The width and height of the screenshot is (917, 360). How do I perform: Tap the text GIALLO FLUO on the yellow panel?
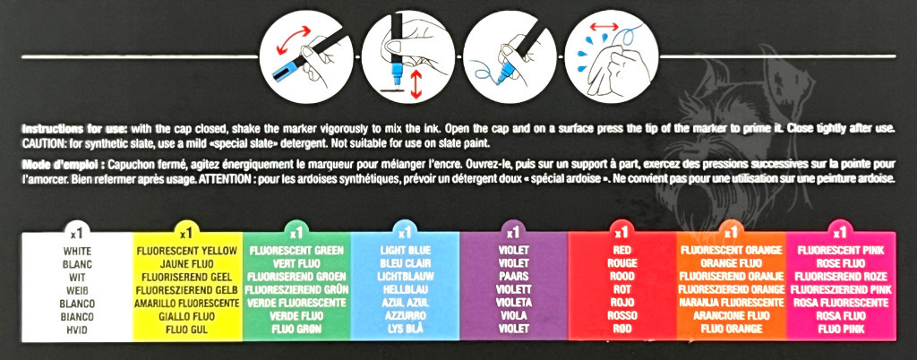coord(187,316)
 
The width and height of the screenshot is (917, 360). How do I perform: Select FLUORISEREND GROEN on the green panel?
coord(296,277)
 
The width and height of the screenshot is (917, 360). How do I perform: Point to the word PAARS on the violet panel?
coord(513,277)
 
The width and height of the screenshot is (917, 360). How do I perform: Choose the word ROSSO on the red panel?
coord(622,315)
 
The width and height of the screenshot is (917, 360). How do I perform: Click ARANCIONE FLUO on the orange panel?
coord(731,315)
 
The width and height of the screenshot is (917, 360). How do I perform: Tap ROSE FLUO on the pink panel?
coord(840,263)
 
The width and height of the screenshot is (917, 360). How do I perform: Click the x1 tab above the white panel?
coord(78,233)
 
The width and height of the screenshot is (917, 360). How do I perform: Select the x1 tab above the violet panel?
coord(513,232)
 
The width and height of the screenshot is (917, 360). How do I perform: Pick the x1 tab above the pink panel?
coord(840,232)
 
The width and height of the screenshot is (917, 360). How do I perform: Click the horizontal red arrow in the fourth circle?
coord(603,26)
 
